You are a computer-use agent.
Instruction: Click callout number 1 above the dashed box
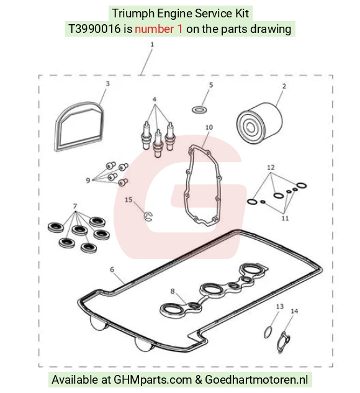(152, 44)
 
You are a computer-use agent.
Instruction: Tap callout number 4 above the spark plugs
(155, 99)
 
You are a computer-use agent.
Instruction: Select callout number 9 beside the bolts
(88, 181)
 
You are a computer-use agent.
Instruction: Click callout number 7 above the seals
(75, 206)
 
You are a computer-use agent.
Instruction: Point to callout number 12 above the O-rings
(271, 167)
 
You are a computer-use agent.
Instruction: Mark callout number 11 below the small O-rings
(285, 218)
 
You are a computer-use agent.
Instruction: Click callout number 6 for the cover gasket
(112, 269)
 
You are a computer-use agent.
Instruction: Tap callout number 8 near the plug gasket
(173, 291)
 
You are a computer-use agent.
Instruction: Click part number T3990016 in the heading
(94, 29)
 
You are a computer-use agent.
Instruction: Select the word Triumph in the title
(133, 14)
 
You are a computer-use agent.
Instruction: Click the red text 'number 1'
(159, 29)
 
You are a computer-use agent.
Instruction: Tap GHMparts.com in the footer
(153, 380)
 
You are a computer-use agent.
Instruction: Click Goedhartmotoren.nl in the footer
(256, 379)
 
